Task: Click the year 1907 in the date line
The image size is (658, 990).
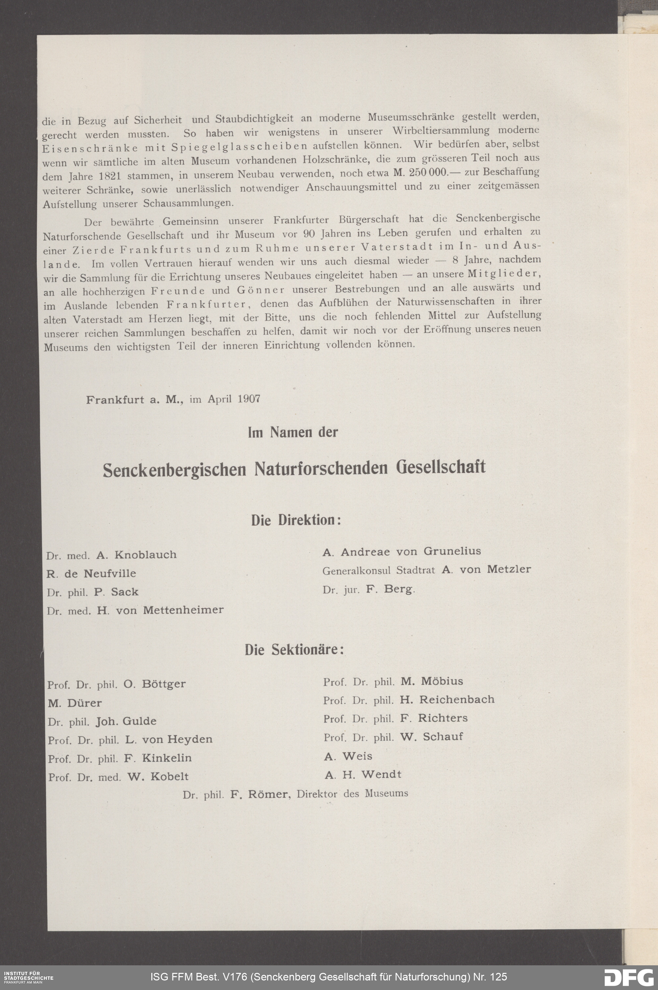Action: point(248,399)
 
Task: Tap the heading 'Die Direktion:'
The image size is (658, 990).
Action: point(296,520)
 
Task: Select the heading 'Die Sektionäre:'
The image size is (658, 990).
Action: point(294,650)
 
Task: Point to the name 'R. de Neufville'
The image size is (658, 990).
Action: point(91,573)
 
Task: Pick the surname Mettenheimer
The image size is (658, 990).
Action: point(183,610)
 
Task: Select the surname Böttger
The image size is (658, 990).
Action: point(164,684)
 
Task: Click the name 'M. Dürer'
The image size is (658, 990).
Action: point(75,703)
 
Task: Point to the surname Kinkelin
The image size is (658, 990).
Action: point(166,758)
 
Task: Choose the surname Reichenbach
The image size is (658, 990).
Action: point(457,700)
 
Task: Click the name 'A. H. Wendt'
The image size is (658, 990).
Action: point(363,774)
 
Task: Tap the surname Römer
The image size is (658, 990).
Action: point(268,794)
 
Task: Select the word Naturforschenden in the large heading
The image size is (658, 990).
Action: point(320,468)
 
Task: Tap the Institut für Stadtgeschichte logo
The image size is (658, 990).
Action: point(28,976)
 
